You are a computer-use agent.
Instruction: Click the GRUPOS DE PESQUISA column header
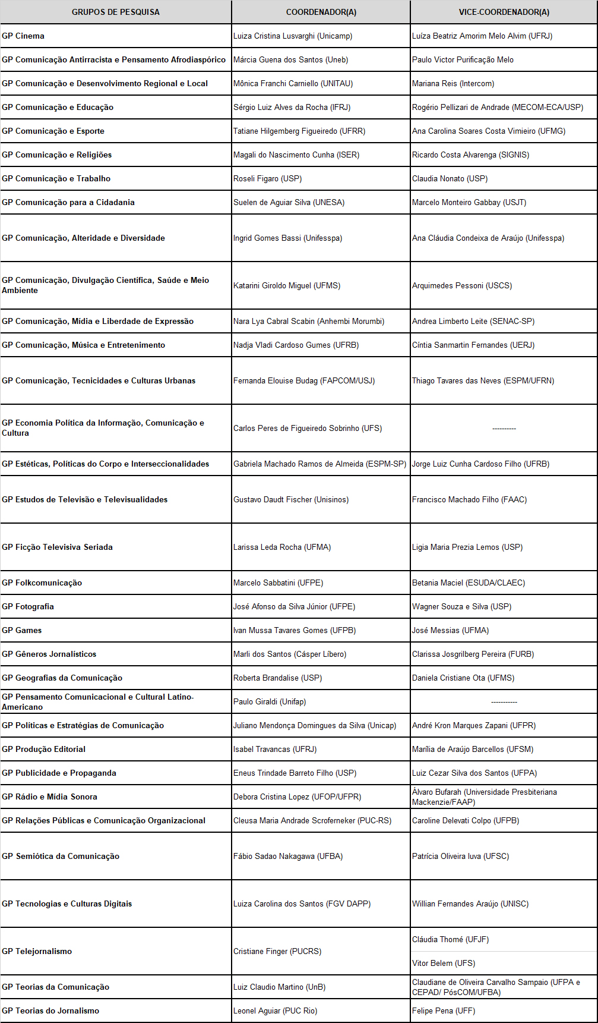(115, 12)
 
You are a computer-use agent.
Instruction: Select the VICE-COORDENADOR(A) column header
(504, 12)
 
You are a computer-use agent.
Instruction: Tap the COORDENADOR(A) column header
(321, 12)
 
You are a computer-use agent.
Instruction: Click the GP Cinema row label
(23, 36)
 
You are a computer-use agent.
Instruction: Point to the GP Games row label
(22, 630)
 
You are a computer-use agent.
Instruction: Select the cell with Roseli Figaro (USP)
(267, 178)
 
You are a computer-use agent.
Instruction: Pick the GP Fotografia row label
(28, 606)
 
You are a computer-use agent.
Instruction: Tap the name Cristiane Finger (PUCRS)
(277, 951)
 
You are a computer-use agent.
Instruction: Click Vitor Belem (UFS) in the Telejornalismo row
(444, 963)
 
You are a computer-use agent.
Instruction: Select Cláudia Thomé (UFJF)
(450, 939)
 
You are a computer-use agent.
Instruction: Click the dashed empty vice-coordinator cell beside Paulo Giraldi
(504, 701)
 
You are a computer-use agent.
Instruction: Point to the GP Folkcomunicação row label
(42, 583)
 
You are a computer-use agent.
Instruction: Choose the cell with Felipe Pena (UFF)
(444, 1011)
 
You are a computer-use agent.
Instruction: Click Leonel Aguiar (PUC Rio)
(275, 1011)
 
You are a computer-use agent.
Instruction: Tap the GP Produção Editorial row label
(44, 749)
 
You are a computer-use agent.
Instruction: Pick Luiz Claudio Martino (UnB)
(279, 987)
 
